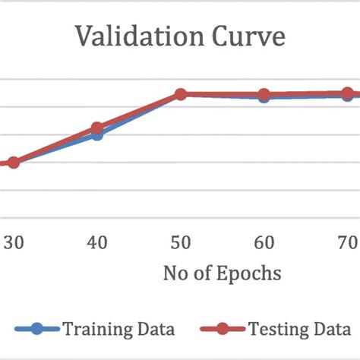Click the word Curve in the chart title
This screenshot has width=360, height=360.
245,38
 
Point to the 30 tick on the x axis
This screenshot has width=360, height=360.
14,242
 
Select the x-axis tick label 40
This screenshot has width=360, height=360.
96,242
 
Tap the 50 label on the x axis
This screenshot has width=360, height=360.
181,242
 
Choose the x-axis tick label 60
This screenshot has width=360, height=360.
264,242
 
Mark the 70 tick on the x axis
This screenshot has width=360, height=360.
347,242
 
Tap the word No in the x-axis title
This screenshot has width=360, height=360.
174,273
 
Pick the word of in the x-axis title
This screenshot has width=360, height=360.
199,273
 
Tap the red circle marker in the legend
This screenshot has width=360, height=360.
223,330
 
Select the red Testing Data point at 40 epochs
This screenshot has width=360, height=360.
97,128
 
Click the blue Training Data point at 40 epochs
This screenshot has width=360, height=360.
97,134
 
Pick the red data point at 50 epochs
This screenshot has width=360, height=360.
181,94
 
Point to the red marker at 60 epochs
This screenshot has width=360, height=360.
264,95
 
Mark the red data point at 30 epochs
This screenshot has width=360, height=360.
14,162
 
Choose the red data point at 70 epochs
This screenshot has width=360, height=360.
348,94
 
